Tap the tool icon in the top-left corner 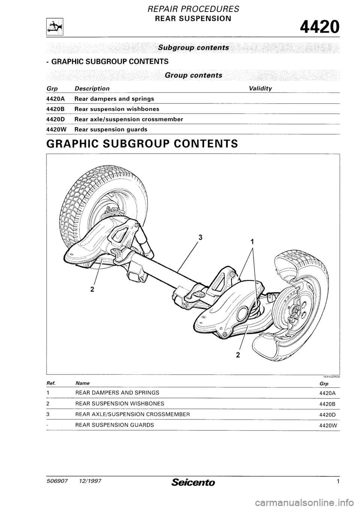coord(54,27)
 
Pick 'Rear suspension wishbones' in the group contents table coord(117,109)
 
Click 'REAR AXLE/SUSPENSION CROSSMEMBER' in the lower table coord(132,415)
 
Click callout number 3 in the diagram coord(201,237)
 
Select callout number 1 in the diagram coord(252,242)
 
